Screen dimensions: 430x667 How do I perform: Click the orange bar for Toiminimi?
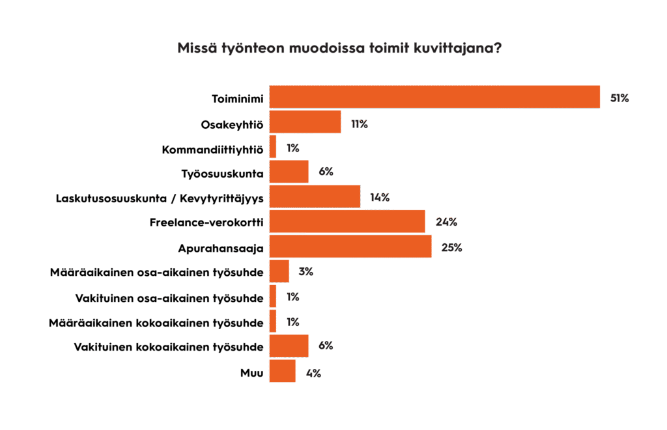point(434,97)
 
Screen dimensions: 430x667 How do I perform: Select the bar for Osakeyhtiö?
point(305,122)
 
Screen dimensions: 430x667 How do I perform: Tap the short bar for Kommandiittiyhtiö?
point(273,147)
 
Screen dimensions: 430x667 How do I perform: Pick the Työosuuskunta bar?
point(289,172)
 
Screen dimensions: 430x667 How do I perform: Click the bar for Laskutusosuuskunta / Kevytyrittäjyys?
point(315,196)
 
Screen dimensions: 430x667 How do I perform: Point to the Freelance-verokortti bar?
point(347,221)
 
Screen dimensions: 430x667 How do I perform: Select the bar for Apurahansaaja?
point(350,247)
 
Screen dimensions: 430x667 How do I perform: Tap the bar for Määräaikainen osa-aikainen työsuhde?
point(279,271)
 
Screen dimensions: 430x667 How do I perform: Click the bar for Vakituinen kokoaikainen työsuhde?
point(289,346)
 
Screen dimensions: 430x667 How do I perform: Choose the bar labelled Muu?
point(282,371)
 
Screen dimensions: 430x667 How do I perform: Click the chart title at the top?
point(339,49)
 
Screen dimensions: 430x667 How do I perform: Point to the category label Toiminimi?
point(237,98)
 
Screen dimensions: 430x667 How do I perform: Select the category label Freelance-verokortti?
point(206,222)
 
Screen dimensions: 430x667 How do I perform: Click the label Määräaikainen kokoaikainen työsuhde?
point(156,322)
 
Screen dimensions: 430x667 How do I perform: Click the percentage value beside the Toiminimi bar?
point(619,98)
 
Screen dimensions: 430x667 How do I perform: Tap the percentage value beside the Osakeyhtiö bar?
point(359,123)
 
